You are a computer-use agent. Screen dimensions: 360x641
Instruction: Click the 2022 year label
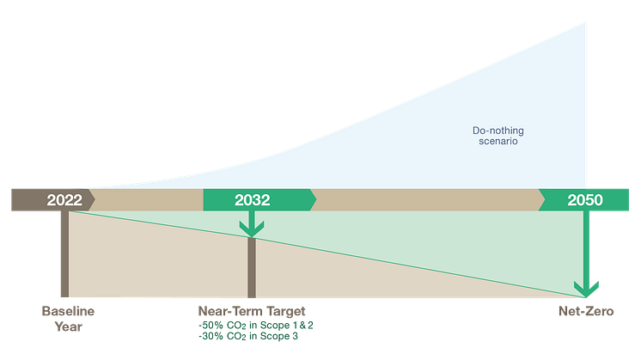pos(64,200)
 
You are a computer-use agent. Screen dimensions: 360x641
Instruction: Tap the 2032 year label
pos(252,200)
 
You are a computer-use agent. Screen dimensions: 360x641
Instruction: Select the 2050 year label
pos(585,200)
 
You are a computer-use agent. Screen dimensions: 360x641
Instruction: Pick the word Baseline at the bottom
pos(68,310)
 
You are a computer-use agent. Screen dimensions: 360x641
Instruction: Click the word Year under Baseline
pos(68,326)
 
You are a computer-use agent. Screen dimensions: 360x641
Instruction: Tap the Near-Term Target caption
pos(252,310)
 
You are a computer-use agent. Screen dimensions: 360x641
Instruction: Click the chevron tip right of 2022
pos(93,199)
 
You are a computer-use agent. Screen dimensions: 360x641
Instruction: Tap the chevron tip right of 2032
pos(314,199)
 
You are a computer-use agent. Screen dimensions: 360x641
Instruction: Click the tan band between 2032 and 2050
pos(425,199)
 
